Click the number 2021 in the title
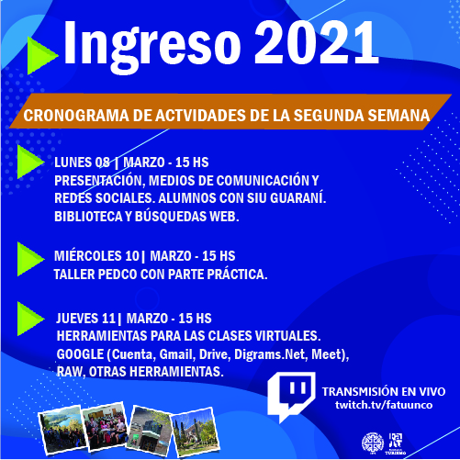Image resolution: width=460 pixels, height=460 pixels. [x=317, y=43]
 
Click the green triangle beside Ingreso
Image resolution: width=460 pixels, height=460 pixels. [x=42, y=56]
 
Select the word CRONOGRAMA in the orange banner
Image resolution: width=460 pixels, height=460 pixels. [x=76, y=116]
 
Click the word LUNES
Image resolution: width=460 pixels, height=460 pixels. [x=73, y=163]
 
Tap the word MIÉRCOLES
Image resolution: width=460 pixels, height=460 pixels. [x=88, y=256]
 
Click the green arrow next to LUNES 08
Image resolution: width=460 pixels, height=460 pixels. [x=30, y=162]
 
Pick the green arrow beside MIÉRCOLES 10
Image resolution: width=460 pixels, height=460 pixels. [x=30, y=259]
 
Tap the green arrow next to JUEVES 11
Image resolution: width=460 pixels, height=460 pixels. [x=30, y=319]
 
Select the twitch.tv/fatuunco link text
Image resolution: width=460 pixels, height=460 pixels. [x=384, y=405]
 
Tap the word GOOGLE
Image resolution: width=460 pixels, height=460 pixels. [x=80, y=354]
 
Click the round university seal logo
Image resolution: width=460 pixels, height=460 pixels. [x=373, y=443]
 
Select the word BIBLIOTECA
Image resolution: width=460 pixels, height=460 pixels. [x=88, y=217]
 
